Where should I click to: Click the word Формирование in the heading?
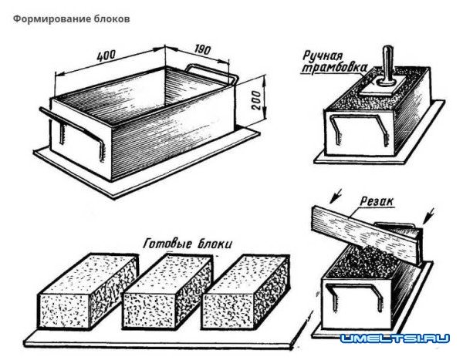[47, 17]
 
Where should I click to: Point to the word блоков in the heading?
[110, 17]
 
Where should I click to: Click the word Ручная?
[324, 56]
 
